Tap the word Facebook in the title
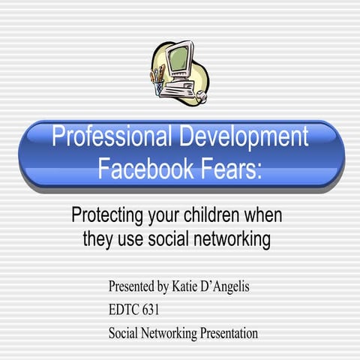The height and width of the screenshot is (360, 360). [144, 167]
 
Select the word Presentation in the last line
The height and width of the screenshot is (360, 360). [226, 332]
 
